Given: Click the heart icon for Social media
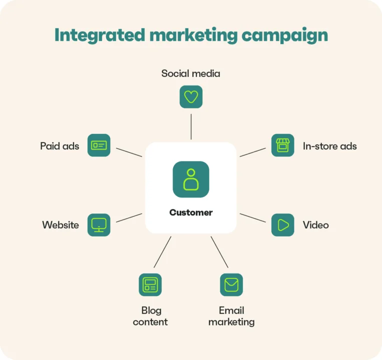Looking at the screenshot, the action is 191,97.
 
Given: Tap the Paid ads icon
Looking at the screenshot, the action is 99,145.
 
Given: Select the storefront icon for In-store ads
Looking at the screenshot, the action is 282,145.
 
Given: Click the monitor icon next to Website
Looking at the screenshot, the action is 99,225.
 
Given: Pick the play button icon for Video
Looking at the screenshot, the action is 282,225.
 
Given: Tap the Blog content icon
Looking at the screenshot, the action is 150,285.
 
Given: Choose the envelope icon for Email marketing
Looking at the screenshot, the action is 231,285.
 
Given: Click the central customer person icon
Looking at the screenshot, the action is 191,179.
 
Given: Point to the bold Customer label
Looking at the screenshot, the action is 191,212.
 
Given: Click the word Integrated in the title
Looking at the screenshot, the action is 100,35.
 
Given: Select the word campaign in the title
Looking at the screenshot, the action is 285,35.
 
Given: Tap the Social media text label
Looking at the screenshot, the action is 191,73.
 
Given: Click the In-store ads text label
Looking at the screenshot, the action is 330,146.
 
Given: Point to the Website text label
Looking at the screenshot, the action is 61,225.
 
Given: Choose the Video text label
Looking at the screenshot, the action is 316,225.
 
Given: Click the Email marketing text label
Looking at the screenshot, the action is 231,316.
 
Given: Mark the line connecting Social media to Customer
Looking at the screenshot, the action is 191,126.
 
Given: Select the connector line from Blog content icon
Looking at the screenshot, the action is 163,252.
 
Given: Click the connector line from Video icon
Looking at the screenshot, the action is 253,218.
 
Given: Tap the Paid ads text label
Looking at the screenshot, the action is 60,146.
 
